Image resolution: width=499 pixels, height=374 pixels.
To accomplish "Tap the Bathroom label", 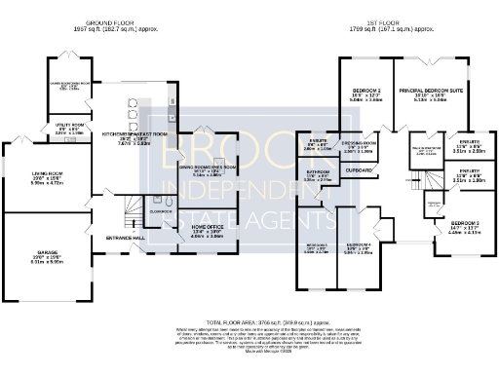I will (318, 174).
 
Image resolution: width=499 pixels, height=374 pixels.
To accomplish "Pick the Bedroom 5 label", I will (316, 245).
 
